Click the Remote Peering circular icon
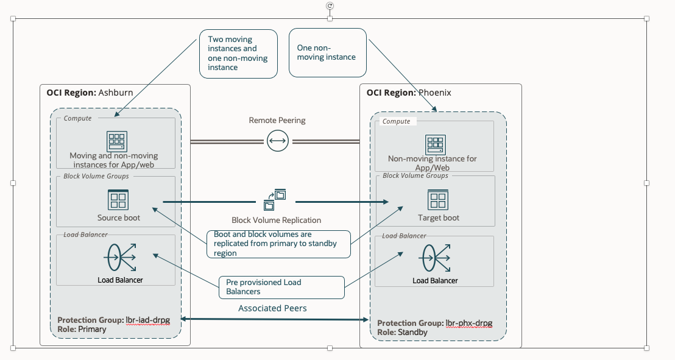[277, 141]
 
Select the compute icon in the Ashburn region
[117, 141]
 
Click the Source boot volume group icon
[118, 200]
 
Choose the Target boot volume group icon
[438, 200]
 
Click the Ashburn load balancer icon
[119, 258]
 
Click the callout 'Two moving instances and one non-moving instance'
[238, 54]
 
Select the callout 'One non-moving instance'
[327, 52]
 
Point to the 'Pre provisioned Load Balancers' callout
[281, 287]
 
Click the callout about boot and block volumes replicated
[279, 244]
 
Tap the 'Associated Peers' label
[272, 308]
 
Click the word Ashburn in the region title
[115, 93]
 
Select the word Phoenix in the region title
[435, 93]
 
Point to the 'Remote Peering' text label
[277, 121]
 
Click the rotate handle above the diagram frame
[330, 5]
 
